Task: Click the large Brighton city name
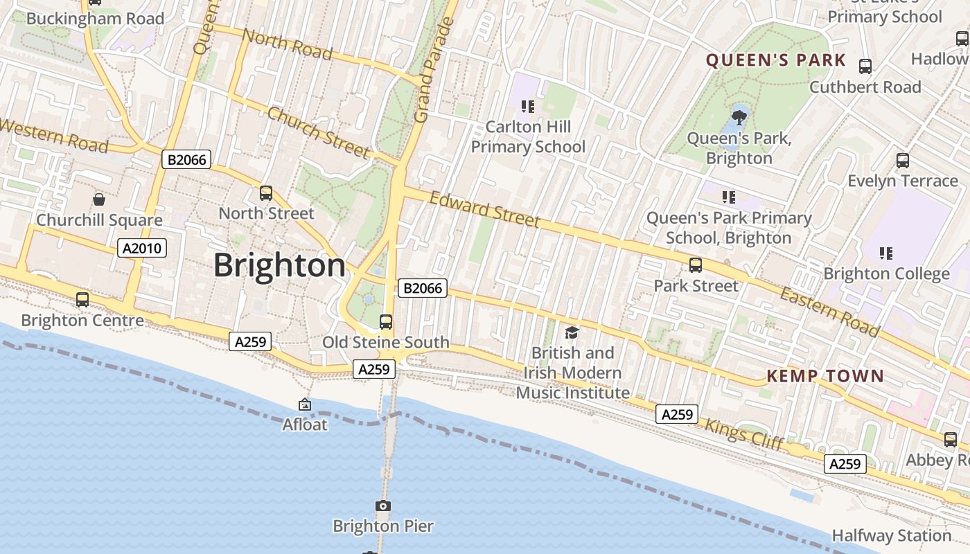click(279, 266)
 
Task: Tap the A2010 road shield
click(142, 248)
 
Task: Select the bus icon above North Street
click(266, 193)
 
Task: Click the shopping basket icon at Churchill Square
click(99, 199)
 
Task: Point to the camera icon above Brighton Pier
click(383, 506)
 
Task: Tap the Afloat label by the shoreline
click(304, 424)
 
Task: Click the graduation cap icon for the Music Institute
click(572, 333)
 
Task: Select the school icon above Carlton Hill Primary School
click(528, 107)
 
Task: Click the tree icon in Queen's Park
click(739, 116)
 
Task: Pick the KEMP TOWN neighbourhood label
click(825, 376)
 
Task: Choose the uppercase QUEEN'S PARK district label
click(776, 60)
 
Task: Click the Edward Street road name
click(484, 209)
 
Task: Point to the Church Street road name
click(318, 132)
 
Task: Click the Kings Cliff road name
click(743, 434)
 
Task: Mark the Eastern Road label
click(829, 312)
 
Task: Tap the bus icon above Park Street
click(695, 265)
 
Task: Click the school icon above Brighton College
click(885, 253)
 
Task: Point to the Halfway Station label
click(891, 535)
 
